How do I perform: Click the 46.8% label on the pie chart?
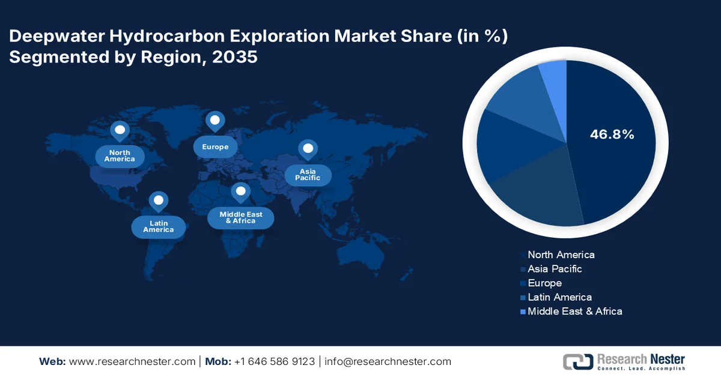pyautogui.click(x=612, y=134)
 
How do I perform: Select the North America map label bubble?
pyautogui.click(x=120, y=156)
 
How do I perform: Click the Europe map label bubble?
pyautogui.click(x=214, y=147)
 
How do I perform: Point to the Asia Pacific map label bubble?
pyautogui.click(x=308, y=175)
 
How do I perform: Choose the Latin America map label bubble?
pyautogui.click(x=158, y=226)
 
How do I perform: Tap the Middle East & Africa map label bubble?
pyautogui.click(x=240, y=217)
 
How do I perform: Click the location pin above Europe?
pyautogui.click(x=214, y=121)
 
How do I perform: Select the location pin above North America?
pyautogui.click(x=120, y=130)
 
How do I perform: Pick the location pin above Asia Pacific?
pyautogui.click(x=308, y=149)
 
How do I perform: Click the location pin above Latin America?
pyautogui.click(x=158, y=201)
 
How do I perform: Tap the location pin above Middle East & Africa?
pyautogui.click(x=240, y=192)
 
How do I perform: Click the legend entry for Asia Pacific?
pyautogui.click(x=554, y=269)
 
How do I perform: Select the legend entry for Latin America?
pyautogui.click(x=559, y=297)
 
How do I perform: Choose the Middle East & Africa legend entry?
pyautogui.click(x=574, y=311)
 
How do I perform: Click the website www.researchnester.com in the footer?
pyautogui.click(x=133, y=361)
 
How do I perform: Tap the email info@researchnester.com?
pyautogui.click(x=388, y=361)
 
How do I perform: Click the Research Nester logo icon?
pyautogui.click(x=577, y=361)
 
